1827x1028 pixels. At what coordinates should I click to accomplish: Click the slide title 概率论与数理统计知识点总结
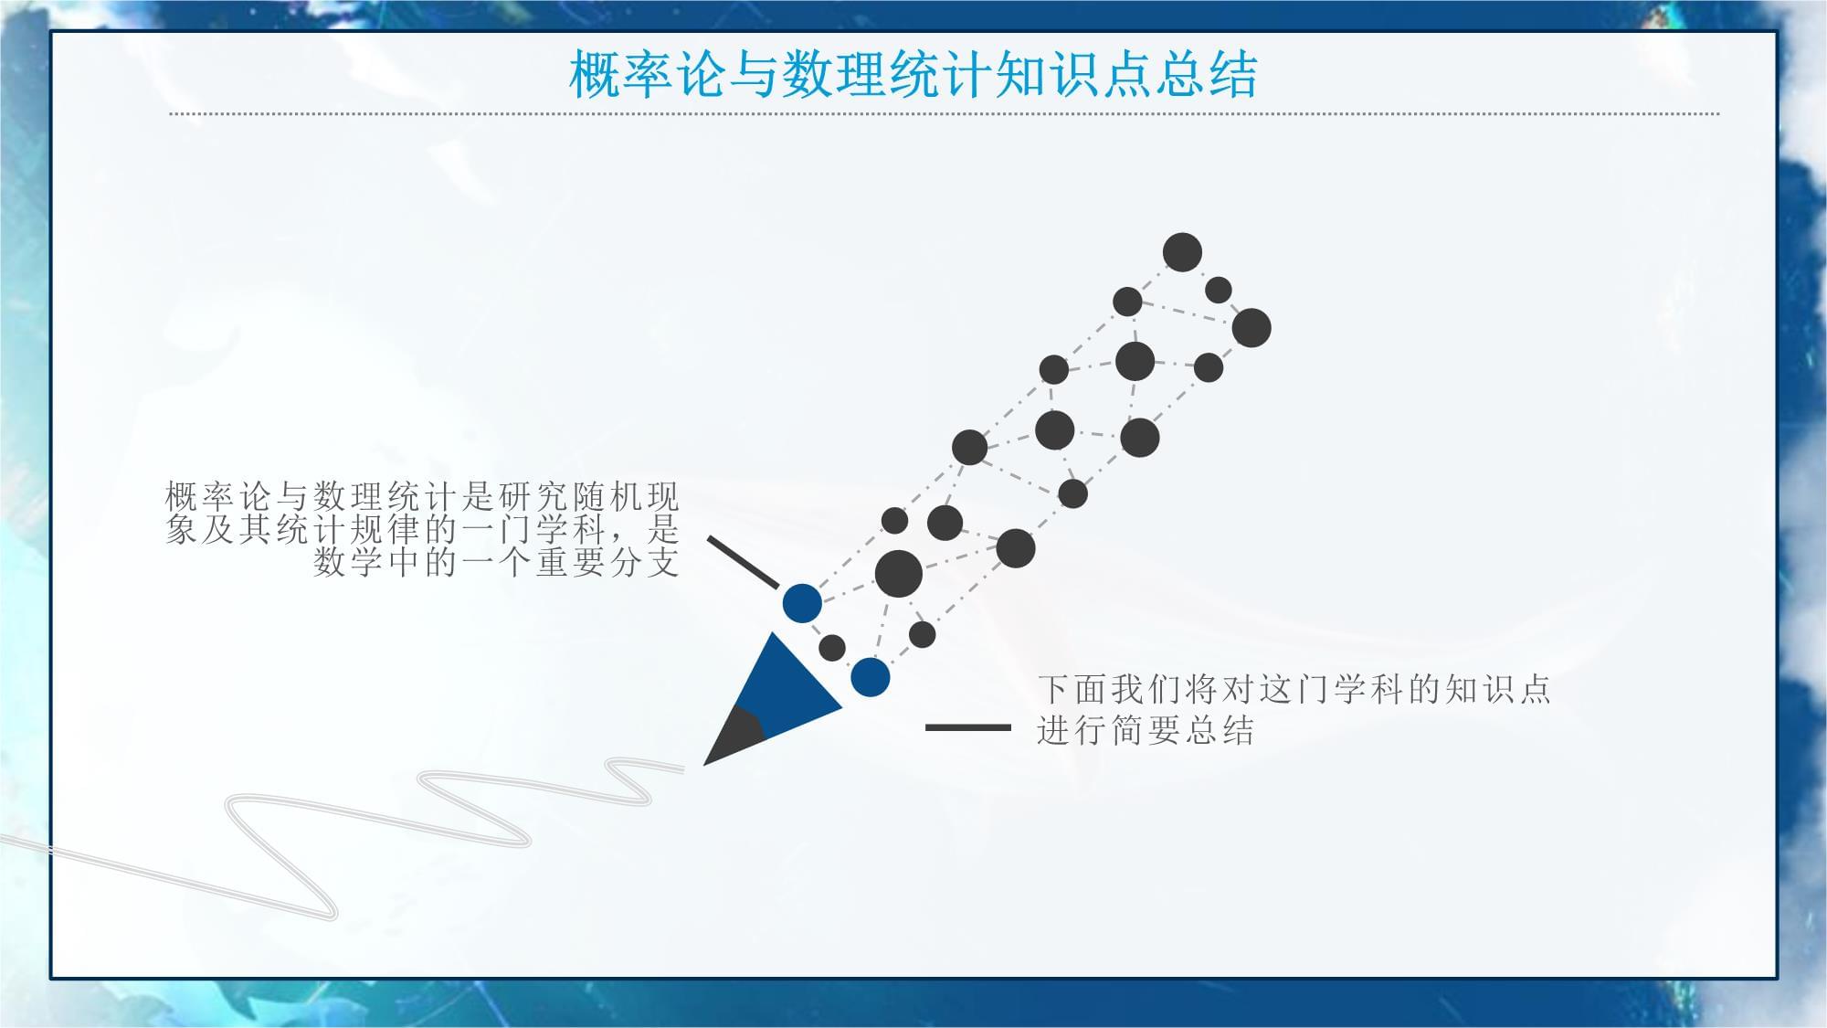(913, 74)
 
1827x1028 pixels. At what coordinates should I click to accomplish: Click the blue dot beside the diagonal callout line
(802, 603)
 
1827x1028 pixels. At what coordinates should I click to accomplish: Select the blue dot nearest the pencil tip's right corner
(870, 678)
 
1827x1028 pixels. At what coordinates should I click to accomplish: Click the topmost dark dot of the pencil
(1182, 252)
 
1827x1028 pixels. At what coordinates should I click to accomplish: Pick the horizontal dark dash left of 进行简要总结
(968, 727)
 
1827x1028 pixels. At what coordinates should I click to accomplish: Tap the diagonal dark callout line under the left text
(743, 563)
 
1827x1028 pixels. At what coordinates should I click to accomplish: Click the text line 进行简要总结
(1146, 731)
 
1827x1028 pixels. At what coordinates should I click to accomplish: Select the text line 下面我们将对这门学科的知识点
(1294, 689)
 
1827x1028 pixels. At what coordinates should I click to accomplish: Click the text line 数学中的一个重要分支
(497, 562)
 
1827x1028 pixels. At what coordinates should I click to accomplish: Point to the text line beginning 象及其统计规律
(423, 530)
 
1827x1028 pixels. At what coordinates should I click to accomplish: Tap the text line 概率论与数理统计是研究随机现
(423, 497)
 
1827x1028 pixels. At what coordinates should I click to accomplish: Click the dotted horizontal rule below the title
(945, 114)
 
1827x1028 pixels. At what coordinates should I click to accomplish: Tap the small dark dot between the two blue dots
(832, 648)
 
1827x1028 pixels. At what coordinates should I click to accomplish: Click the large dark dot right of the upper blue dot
(899, 574)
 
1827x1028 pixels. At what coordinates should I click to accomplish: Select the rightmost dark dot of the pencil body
(1251, 327)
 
